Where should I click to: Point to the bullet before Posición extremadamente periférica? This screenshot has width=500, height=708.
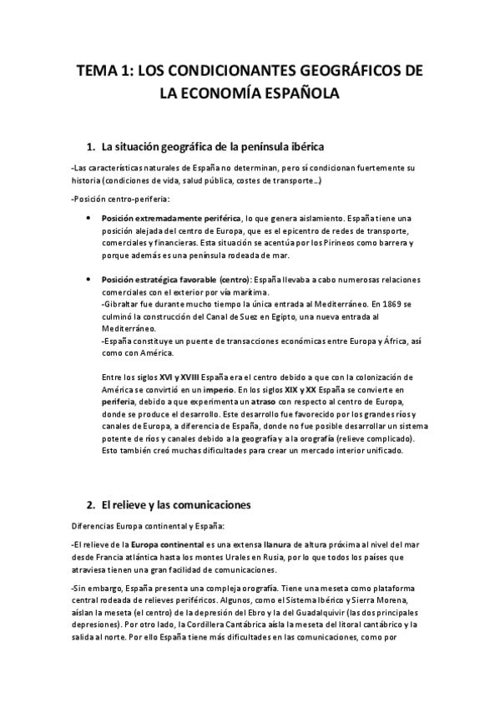click(88, 217)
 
